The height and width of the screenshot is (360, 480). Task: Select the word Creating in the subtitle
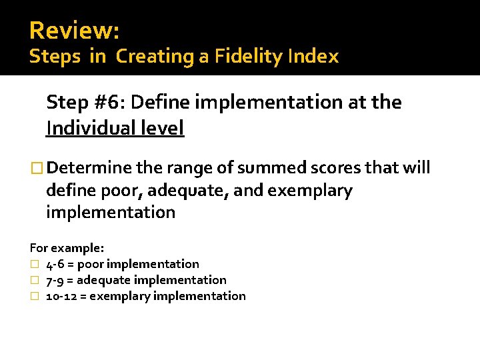pyautogui.click(x=155, y=57)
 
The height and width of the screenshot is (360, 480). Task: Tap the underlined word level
pyautogui.click(x=163, y=127)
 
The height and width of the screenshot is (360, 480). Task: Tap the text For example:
pyautogui.click(x=67, y=248)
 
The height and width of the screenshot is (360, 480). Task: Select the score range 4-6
pyautogui.click(x=55, y=264)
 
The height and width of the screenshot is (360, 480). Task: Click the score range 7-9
pyautogui.click(x=55, y=280)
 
